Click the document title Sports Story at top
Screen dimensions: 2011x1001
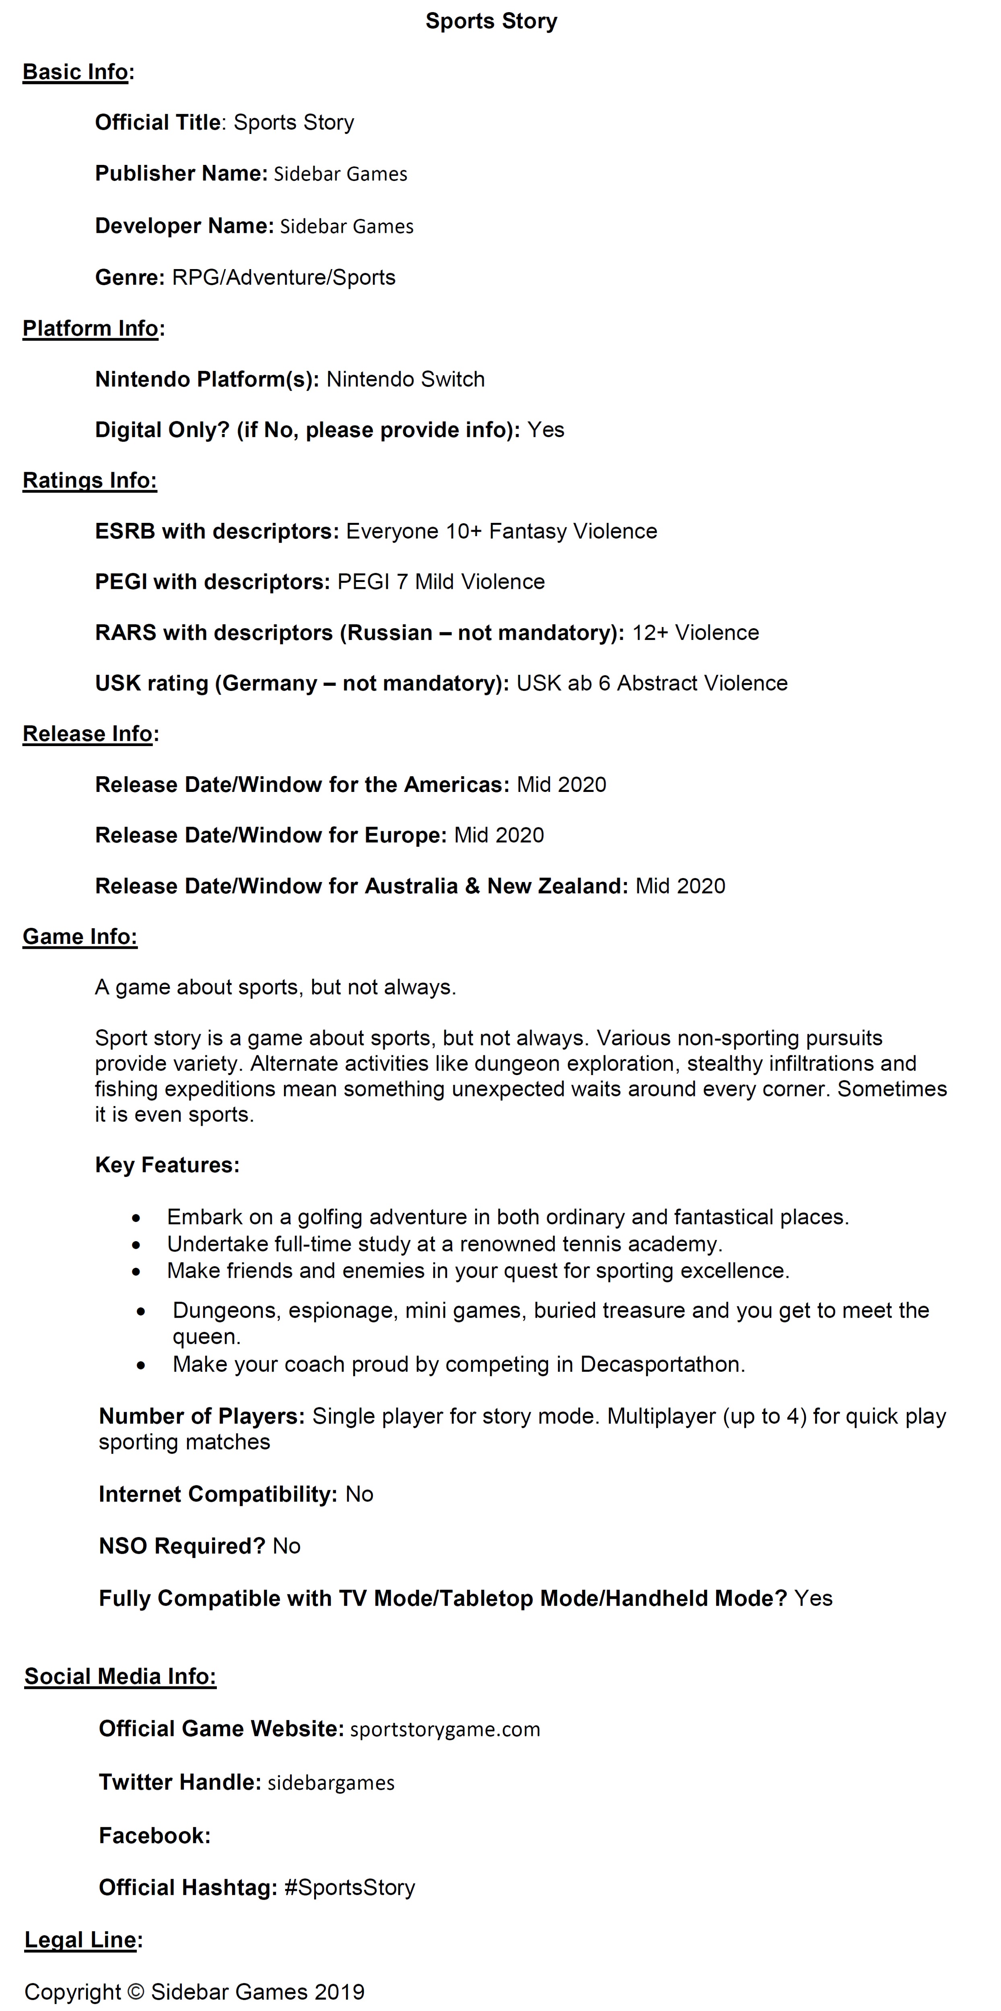point(491,21)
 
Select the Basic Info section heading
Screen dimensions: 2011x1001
point(75,72)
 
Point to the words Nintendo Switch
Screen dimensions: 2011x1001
point(405,379)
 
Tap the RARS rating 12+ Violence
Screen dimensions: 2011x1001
point(695,632)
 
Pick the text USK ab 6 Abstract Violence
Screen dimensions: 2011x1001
point(652,683)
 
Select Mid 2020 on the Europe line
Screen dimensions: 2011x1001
point(499,835)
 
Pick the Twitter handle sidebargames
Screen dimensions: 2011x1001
point(331,1783)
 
